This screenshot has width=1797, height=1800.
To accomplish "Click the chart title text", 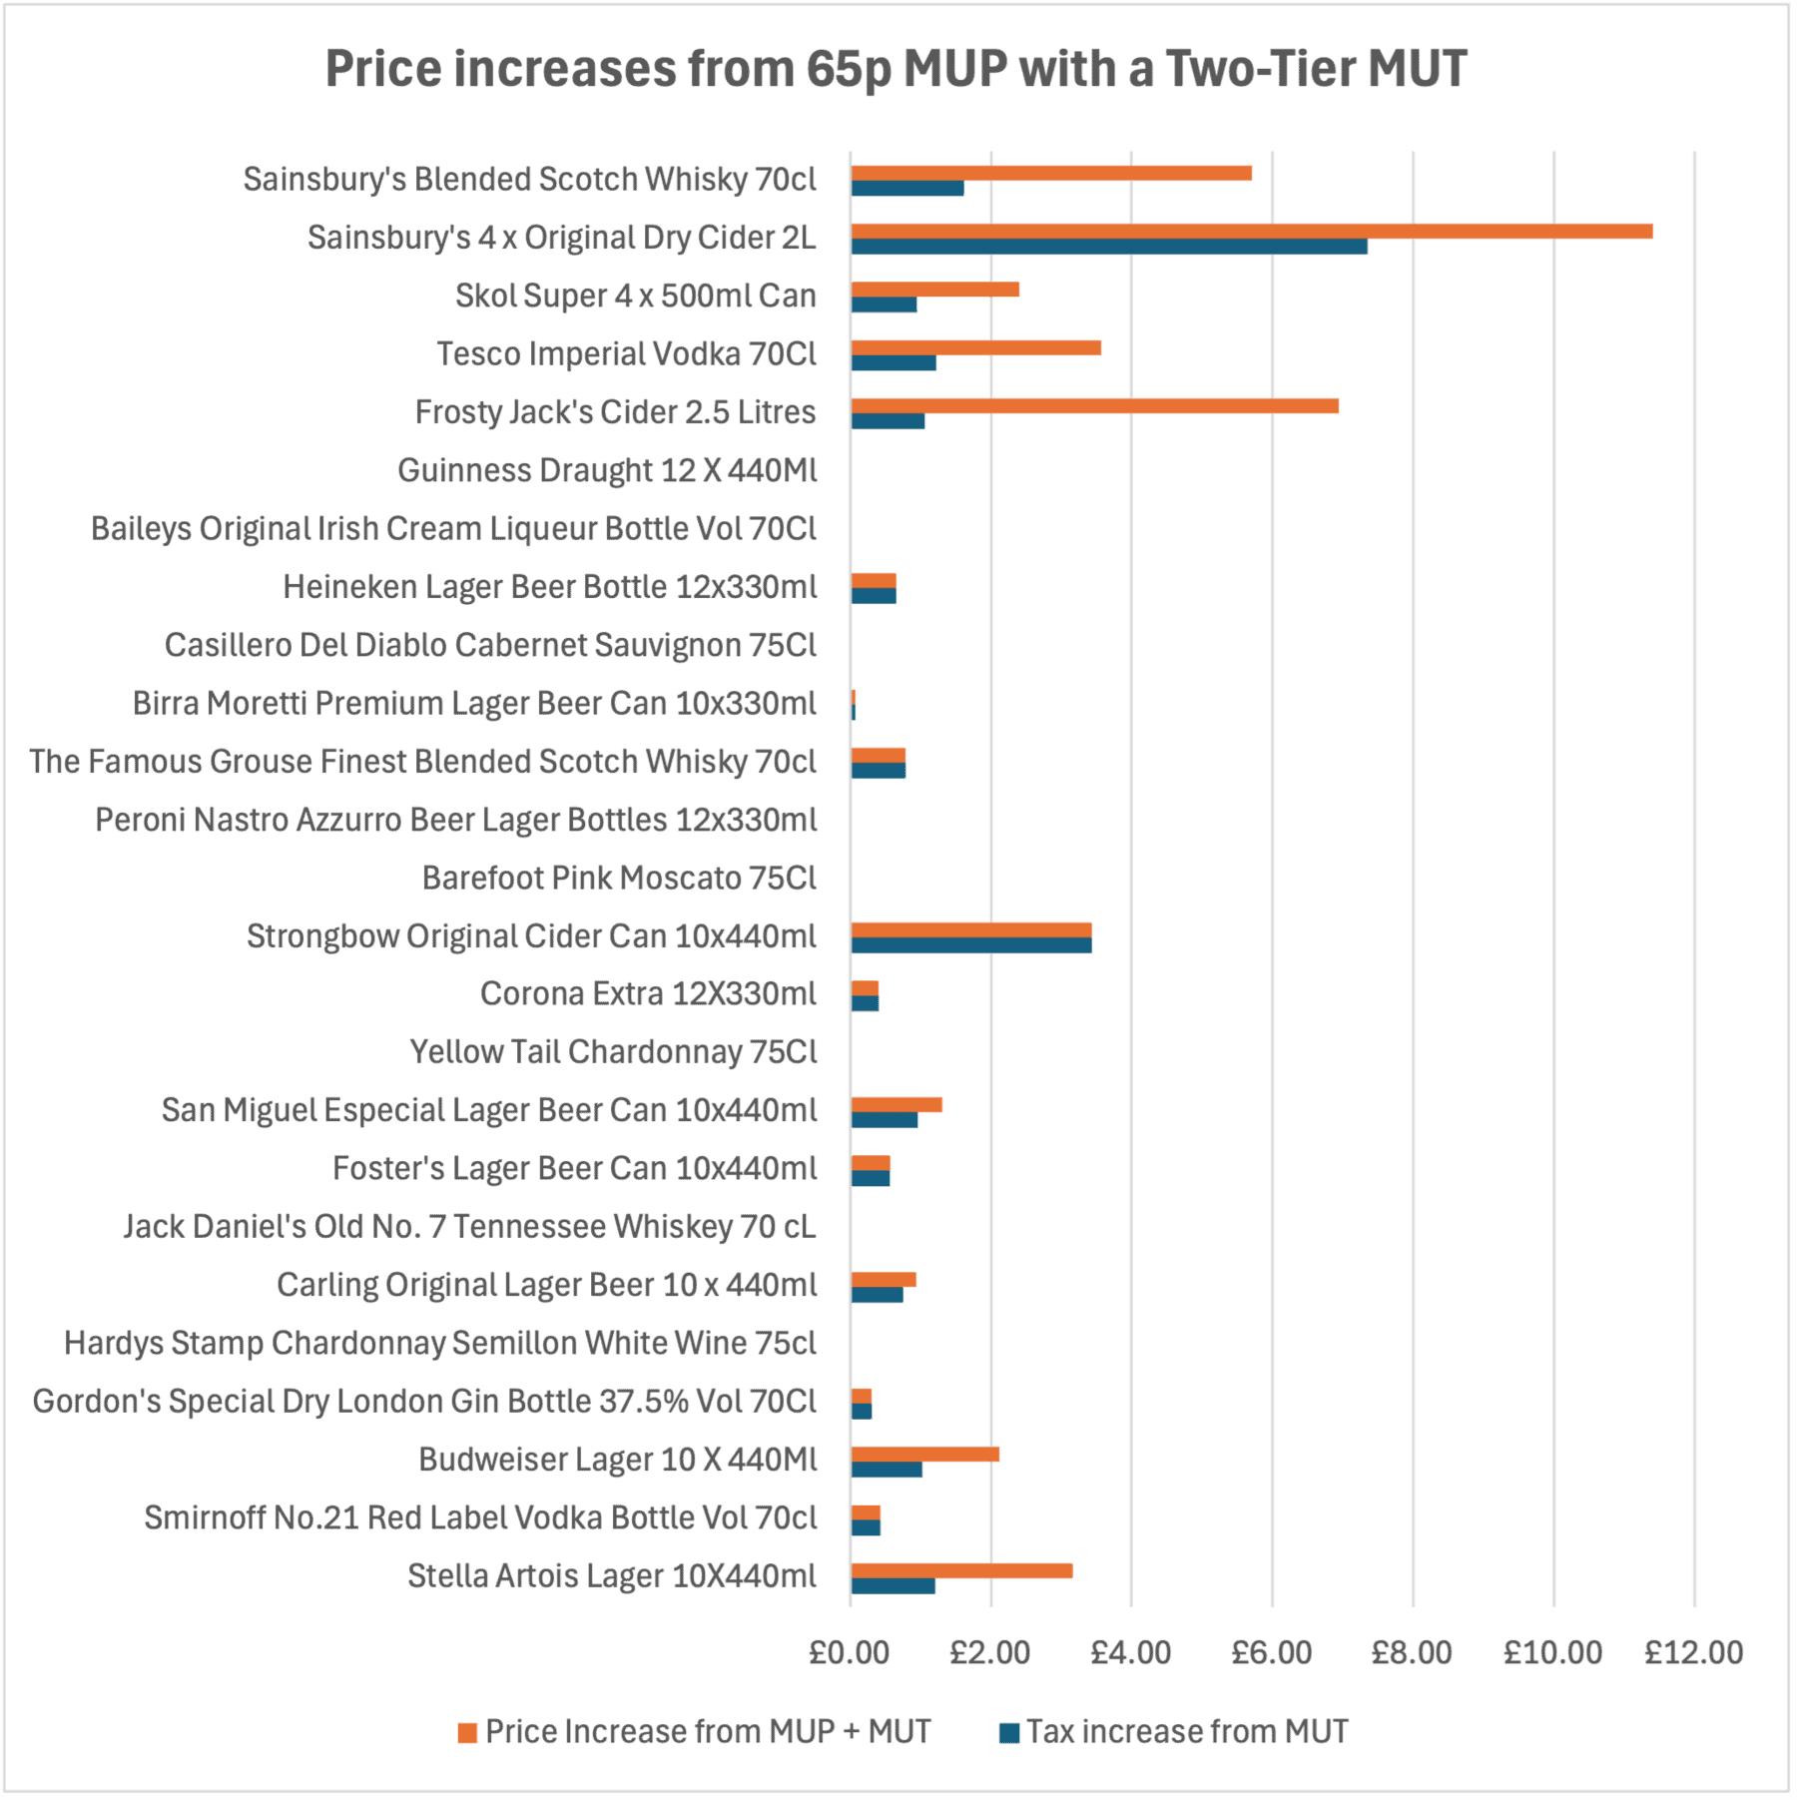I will [x=896, y=70].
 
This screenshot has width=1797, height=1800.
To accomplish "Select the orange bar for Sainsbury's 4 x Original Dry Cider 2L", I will [x=1251, y=232].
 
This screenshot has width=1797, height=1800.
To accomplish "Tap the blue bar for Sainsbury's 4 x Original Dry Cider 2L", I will [x=1108, y=247].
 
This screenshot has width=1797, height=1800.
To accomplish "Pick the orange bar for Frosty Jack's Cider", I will [x=1094, y=406].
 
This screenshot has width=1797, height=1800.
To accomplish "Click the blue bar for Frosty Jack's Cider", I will [x=888, y=421].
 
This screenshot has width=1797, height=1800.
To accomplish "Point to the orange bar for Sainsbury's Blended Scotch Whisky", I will [x=1050, y=174].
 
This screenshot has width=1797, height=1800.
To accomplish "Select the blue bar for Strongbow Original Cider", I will [x=970, y=945].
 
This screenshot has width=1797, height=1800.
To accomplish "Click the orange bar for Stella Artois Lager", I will [x=961, y=1570].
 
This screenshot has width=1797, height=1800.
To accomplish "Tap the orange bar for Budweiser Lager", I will [x=924, y=1455].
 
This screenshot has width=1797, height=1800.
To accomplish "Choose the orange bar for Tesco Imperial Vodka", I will [x=975, y=347].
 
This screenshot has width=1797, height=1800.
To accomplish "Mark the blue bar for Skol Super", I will [x=884, y=304].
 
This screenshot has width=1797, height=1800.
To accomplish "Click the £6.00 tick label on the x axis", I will [x=1271, y=1652].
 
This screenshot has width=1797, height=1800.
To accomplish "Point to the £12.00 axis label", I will [x=1693, y=1652].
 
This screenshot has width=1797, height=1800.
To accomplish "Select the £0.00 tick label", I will [x=849, y=1652].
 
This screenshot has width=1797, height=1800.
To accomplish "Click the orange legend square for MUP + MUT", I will [x=467, y=1732].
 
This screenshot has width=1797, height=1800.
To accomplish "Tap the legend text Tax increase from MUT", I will [x=1187, y=1731].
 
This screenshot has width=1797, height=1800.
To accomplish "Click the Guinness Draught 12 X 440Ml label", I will [x=607, y=470].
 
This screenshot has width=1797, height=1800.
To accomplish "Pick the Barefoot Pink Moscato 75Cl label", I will [x=619, y=878].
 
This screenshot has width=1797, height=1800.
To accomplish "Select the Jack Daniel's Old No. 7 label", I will [x=469, y=1226].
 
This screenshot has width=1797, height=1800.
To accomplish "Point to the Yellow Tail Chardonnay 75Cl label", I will [x=613, y=1052].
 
